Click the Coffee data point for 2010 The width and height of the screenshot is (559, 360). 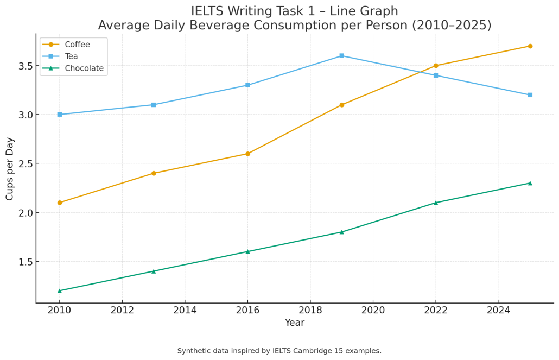coord(60,203)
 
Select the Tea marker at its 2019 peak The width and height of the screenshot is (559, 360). coord(342,56)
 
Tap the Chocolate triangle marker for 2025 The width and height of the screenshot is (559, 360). coord(530,183)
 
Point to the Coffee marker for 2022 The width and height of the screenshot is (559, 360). coord(436,66)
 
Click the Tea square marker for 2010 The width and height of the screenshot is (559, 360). coord(60,115)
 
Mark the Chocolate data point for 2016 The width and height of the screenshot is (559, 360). coord(247,251)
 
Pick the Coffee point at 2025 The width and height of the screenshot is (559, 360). coord(530,46)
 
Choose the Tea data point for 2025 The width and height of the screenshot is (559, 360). coord(530,95)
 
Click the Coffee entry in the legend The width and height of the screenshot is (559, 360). coord(77,45)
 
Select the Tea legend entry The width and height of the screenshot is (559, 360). coord(71,56)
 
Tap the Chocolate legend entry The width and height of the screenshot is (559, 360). coord(84,68)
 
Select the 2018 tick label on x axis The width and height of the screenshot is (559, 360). coord(310,310)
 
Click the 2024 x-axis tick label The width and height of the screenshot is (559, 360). coord(498,310)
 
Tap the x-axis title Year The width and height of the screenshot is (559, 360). coord(295,323)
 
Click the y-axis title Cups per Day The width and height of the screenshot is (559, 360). coord(10,168)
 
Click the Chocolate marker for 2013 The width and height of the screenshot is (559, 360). coord(154,271)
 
